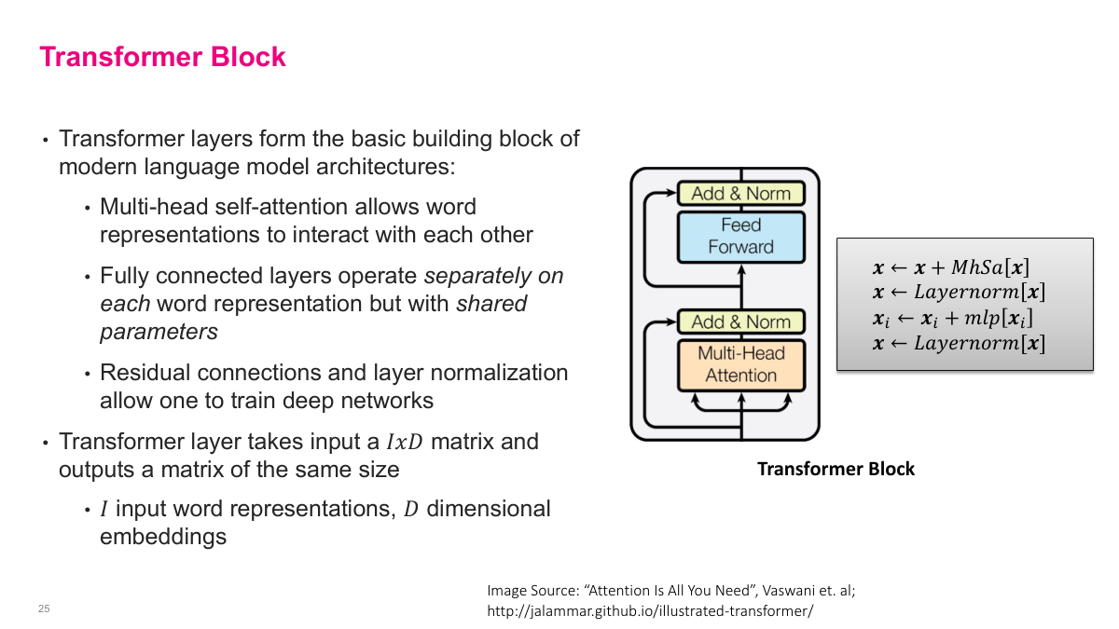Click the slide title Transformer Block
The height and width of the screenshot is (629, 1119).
162,57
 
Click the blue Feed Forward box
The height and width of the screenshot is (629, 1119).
740,236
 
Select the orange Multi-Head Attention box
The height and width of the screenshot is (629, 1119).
740,364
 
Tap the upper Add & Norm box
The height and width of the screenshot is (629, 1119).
740,194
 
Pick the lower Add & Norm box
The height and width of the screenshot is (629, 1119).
740,321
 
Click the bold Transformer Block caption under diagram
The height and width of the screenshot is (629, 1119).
836,469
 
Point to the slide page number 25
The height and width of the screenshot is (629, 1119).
44,609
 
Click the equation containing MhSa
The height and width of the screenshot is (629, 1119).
950,268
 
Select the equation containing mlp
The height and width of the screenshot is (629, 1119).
952,318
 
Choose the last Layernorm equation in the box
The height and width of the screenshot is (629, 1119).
958,343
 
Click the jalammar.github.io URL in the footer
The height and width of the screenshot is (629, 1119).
650,611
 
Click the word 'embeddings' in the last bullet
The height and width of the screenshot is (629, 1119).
162,537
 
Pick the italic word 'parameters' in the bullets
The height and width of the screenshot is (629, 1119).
159,332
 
